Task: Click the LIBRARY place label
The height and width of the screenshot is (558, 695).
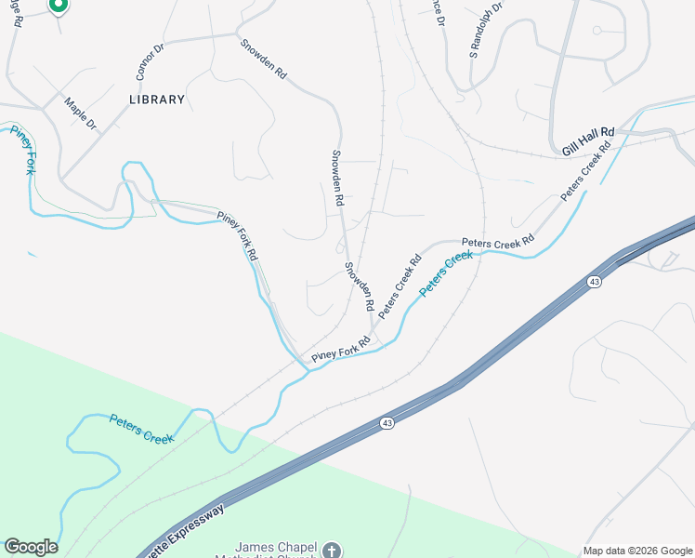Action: click(157, 99)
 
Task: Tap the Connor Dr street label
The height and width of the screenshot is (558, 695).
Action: click(149, 63)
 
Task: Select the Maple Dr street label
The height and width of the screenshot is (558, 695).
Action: click(81, 112)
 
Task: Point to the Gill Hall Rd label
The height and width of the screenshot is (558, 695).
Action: click(589, 141)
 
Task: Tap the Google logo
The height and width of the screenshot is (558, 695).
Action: click(31, 547)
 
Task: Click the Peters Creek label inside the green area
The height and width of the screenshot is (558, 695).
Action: click(141, 428)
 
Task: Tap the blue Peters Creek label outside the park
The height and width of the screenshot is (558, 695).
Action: click(446, 274)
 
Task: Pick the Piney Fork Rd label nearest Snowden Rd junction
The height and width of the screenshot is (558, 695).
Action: click(341, 349)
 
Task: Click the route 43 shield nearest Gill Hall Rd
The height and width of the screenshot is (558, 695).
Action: click(592, 282)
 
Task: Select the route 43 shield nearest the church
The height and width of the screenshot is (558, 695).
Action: click(386, 423)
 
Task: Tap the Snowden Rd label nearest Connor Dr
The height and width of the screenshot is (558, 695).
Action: click(263, 58)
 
